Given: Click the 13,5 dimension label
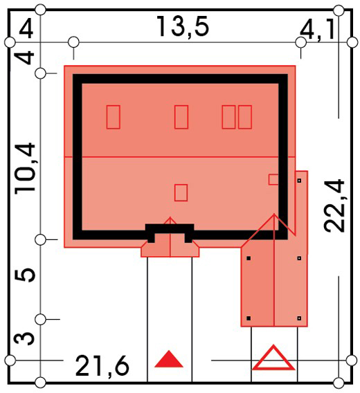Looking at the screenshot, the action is tap(183, 26).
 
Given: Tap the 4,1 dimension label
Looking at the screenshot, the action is tap(318, 30).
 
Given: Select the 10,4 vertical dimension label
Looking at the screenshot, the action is tap(25, 168).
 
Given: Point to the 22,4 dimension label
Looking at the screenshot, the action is tap(334, 205).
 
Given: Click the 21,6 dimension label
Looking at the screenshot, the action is tap(102, 366).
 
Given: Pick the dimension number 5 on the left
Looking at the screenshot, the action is tap(25, 275).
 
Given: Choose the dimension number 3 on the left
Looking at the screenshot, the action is tap(24, 339).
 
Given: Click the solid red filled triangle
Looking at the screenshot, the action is tap(169, 359).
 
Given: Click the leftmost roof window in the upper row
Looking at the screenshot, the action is tap(113, 117).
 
